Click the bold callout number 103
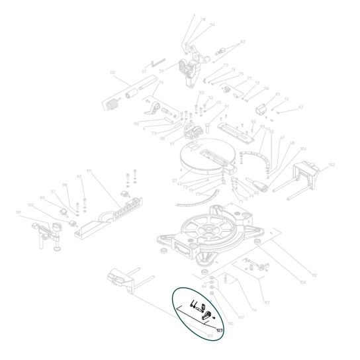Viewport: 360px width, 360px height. point(218,329)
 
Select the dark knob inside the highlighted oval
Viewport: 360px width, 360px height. point(206,314)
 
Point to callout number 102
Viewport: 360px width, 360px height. point(332,164)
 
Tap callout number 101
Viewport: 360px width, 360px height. point(19,212)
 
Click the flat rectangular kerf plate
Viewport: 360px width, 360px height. point(238,133)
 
